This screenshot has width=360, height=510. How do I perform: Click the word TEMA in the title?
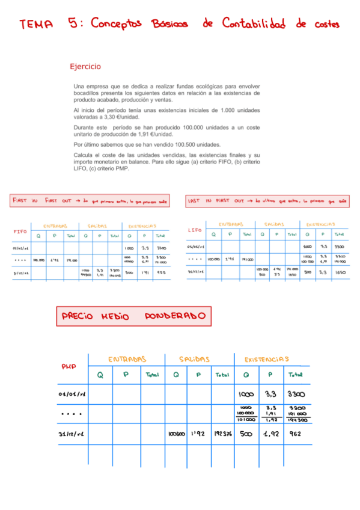[x=36, y=25]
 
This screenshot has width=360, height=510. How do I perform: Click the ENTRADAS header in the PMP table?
[x=127, y=359]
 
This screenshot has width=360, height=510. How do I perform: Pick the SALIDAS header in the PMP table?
[x=194, y=359]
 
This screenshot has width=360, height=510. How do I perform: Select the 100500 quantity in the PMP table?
[x=176, y=433]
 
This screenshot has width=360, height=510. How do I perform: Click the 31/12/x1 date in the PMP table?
[x=70, y=433]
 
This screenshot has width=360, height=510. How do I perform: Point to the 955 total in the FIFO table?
[x=161, y=272]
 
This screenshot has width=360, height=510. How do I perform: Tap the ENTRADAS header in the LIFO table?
[x=231, y=224]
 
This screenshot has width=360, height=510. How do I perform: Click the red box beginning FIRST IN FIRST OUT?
[x=90, y=200]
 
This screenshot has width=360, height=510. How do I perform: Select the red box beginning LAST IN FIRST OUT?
[x=267, y=200]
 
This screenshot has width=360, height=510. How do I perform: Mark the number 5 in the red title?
[x=73, y=23]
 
